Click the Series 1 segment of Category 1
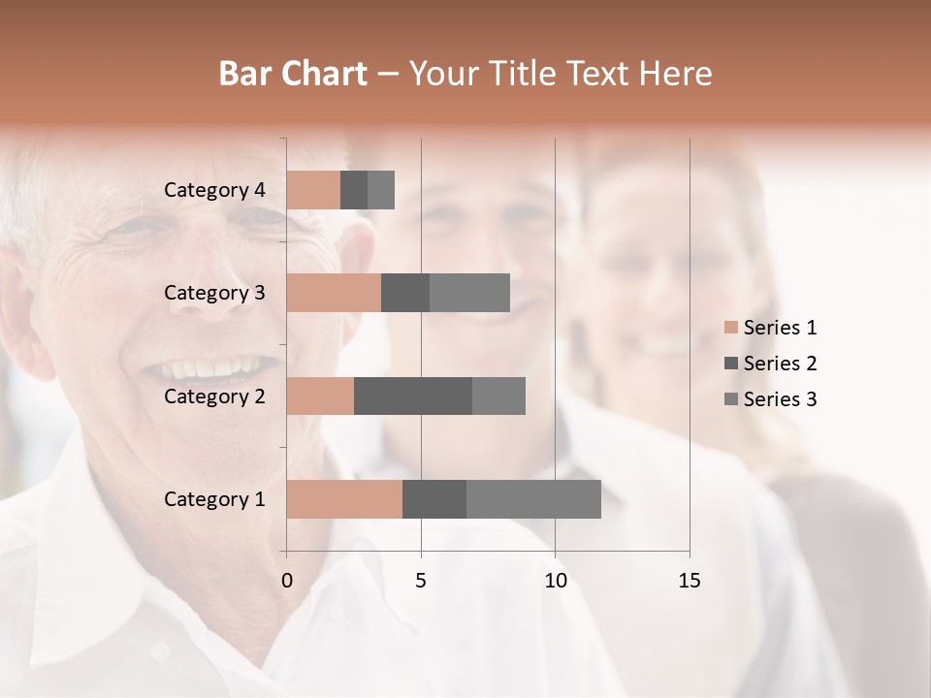tap(344, 499)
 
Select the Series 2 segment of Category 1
tap(434, 499)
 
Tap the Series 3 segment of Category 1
tap(533, 499)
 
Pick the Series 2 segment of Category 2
tap(413, 396)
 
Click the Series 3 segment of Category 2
tap(498, 396)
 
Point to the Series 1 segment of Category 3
tap(334, 293)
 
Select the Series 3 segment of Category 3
tap(469, 293)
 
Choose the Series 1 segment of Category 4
tap(313, 190)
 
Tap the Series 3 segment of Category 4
tap(381, 190)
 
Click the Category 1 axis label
tap(214, 499)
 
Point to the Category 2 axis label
tap(214, 396)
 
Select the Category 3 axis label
tap(214, 293)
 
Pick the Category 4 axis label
tap(214, 190)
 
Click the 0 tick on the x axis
tap(287, 581)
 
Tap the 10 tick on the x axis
tap(555, 581)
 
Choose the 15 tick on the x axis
tap(690, 581)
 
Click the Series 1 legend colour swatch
tap(731, 328)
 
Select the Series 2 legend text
tap(780, 364)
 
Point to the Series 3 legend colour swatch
tap(731, 399)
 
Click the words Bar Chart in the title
tap(293, 74)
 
